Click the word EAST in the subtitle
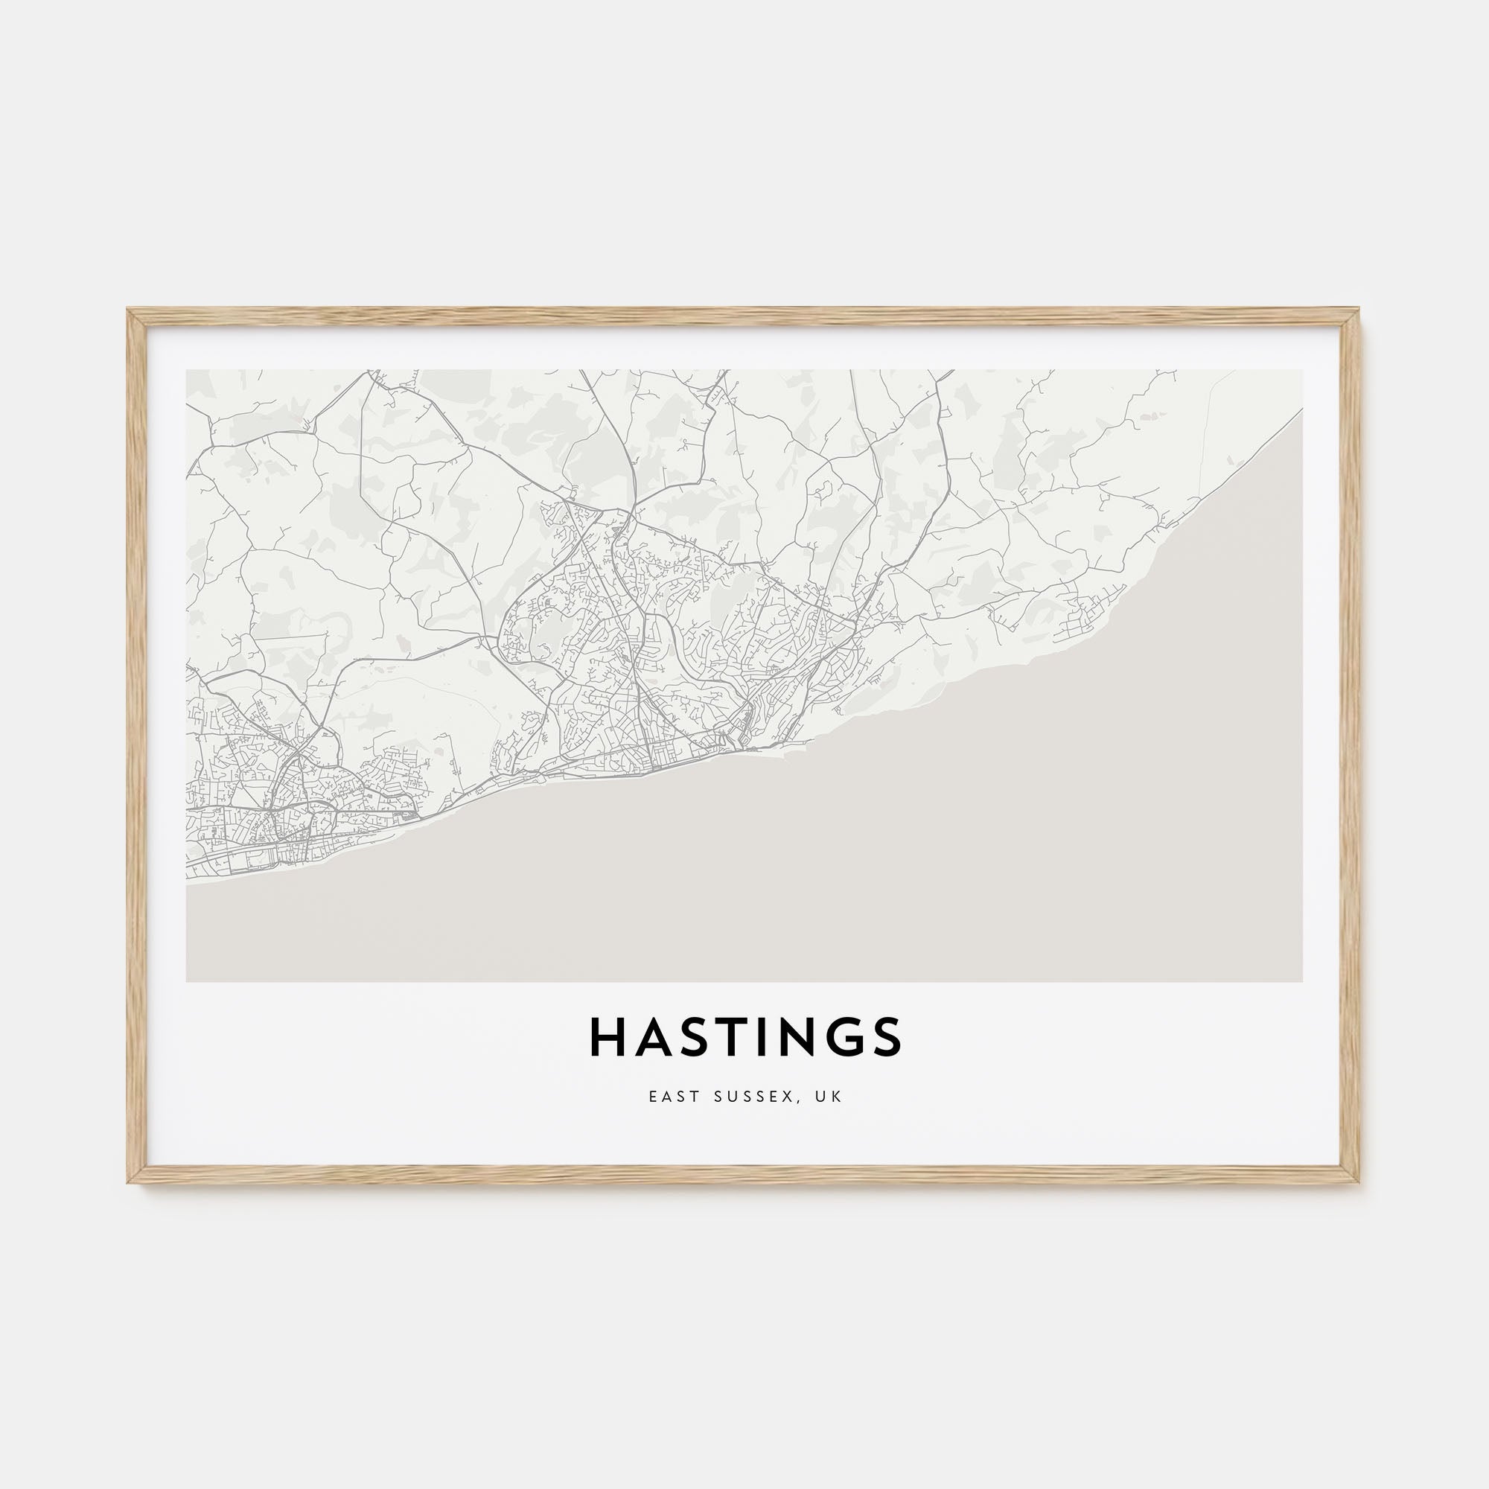(669, 1096)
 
